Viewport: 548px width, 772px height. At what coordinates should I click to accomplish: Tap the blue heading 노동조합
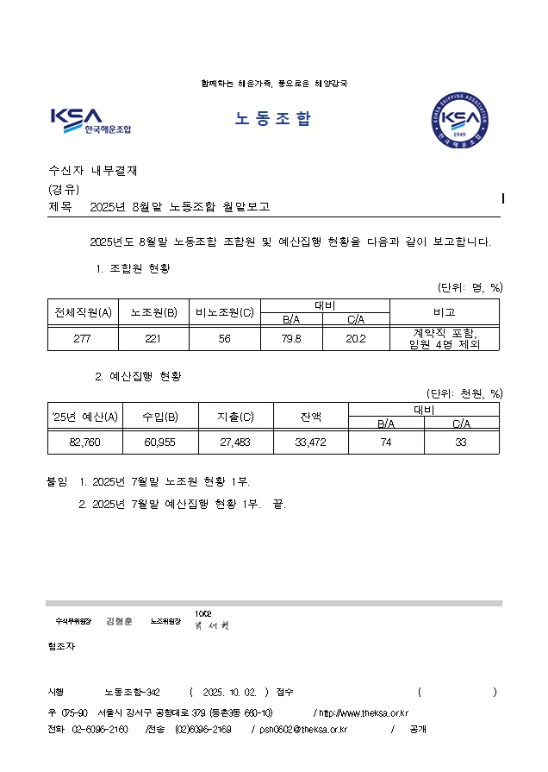point(272,119)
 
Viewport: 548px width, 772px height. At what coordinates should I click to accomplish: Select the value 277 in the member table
point(82,339)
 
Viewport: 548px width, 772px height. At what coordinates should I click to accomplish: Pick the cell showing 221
point(153,339)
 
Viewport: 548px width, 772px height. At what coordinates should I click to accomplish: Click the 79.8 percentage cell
point(291,339)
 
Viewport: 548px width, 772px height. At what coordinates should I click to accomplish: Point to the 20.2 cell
point(356,339)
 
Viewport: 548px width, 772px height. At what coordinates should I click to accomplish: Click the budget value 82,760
point(84,442)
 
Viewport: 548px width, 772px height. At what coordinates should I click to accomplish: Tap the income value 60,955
point(160,442)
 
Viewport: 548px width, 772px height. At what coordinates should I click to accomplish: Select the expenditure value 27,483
point(235,442)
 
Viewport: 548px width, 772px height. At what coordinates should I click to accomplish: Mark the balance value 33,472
point(310,442)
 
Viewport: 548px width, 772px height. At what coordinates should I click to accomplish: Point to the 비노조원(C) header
point(225,312)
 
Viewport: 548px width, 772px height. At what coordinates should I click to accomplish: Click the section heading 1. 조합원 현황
point(133,269)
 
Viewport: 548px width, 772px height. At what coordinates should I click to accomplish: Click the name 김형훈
point(119,621)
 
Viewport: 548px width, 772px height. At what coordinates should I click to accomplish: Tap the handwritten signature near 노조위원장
point(212,624)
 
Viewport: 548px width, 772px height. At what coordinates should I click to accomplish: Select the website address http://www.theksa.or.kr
point(363,713)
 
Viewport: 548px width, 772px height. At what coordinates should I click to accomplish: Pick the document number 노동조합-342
point(132,692)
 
